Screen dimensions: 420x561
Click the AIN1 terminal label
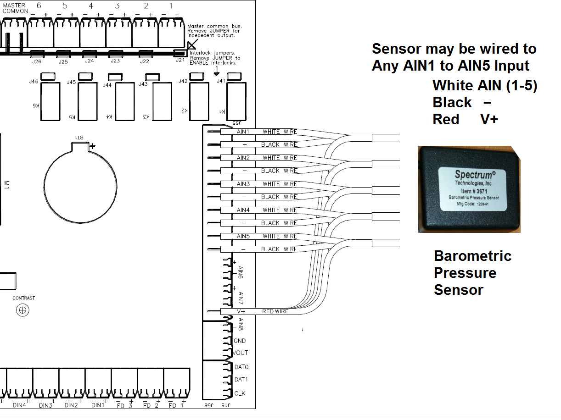(x=243, y=132)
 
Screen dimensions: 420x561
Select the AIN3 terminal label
(x=243, y=184)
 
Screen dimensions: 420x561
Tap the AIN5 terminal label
(x=243, y=236)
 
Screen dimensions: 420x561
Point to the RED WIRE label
(x=275, y=311)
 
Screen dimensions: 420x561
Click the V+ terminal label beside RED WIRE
(x=241, y=311)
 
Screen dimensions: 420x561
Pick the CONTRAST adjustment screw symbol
(x=22, y=310)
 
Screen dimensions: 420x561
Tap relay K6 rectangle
(x=50, y=101)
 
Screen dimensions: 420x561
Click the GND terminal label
(x=240, y=341)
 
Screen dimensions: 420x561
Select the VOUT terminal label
(x=241, y=353)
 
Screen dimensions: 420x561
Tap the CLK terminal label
(x=240, y=393)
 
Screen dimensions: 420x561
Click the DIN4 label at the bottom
(x=19, y=405)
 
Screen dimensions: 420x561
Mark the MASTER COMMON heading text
(x=15, y=8)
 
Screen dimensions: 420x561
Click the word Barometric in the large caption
(x=472, y=256)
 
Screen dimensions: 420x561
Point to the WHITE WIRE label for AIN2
(x=280, y=158)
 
